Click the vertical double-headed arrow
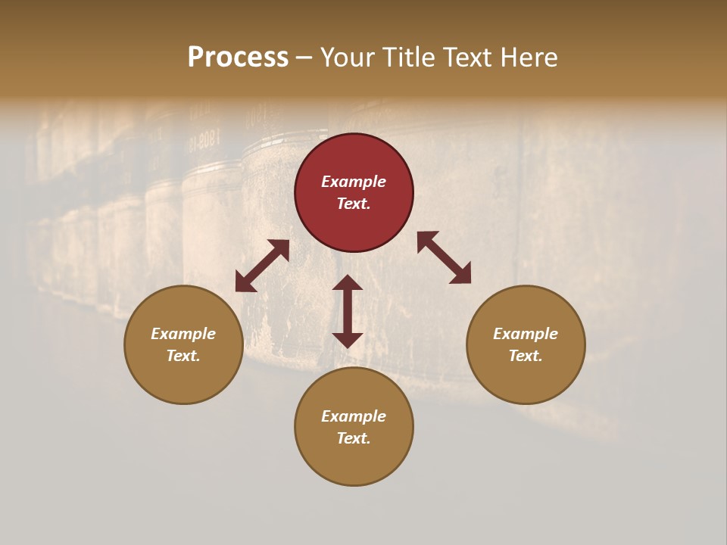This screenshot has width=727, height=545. tap(348, 311)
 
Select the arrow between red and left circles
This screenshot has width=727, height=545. tap(262, 266)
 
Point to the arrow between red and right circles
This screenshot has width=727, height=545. tap(444, 257)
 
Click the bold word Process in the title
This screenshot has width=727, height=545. tap(238, 58)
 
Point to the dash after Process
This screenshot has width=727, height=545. tap(304, 58)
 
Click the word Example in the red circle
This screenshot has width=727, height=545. tap(354, 182)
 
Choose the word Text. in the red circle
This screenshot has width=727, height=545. tap(354, 204)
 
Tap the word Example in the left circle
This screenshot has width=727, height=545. tap(183, 334)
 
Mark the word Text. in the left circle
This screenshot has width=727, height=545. tap(183, 356)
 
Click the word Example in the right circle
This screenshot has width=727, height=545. tap(526, 334)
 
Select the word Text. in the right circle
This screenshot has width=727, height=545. tap(526, 356)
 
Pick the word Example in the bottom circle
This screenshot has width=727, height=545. tap(354, 416)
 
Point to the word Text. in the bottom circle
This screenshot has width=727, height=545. tap(354, 438)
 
